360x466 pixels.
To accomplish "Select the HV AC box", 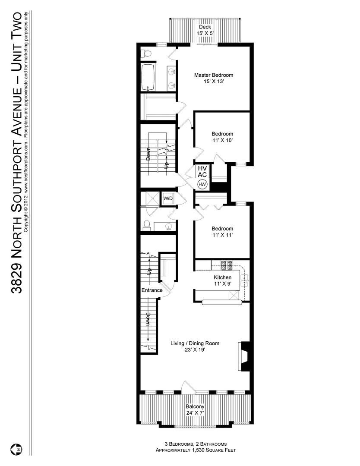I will pos(202,171).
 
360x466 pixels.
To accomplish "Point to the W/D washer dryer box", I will pos(167,198).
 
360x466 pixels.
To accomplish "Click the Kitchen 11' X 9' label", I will pos(223,280).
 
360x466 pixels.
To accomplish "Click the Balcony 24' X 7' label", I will pos(195,409).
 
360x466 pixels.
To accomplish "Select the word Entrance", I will pos(152,290).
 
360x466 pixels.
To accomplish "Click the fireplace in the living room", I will pos(245,356).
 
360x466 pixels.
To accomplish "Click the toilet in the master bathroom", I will pos(146,54).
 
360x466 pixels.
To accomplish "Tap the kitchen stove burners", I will pos(227,264).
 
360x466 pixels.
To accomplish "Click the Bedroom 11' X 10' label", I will pos(222,137).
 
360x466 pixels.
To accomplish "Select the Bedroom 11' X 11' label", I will pos(222,232).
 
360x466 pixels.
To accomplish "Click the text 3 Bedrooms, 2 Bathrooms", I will pos(194,444).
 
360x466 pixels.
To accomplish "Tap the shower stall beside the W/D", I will pos(151,198).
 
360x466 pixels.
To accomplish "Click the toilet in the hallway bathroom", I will pos(147,225).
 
